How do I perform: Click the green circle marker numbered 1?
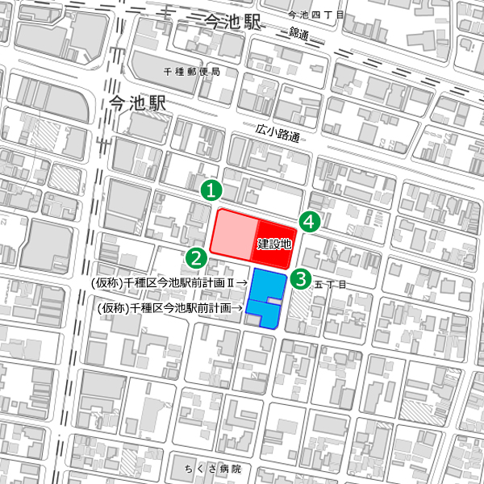coord(211,190)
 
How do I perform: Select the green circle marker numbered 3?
coord(300,279)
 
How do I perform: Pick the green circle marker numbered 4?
coord(309,221)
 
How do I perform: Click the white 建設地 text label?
coord(274,243)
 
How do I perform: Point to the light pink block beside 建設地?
coord(234,234)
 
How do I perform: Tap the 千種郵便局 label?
coord(191,71)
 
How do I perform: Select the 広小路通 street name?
coord(277,133)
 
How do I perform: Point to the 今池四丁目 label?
coord(316,15)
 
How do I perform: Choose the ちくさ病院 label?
coord(207,469)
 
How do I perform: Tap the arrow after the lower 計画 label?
coord(238,308)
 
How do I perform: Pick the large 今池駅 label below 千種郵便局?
coord(136,103)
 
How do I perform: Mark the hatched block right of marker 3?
coord(298,311)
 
